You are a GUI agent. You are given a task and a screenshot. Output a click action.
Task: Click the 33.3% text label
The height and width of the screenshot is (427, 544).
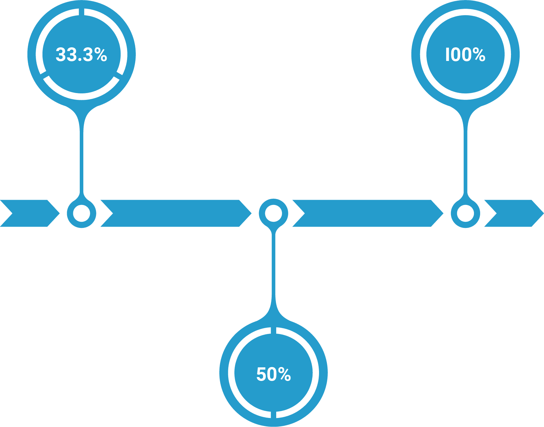click(x=81, y=54)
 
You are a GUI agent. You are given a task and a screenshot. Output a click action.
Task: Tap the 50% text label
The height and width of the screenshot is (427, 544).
click(x=274, y=374)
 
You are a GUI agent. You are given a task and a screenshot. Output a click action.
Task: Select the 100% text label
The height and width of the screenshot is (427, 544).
click(x=465, y=54)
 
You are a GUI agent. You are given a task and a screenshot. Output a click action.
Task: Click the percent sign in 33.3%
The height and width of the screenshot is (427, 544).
click(x=101, y=54)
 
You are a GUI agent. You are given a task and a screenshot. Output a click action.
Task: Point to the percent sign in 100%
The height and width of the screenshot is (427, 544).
click(x=479, y=54)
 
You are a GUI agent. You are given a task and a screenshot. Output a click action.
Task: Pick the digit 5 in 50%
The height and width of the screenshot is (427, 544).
click(x=261, y=374)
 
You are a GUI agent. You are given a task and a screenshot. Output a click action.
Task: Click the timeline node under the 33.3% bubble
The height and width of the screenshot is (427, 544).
click(x=81, y=214)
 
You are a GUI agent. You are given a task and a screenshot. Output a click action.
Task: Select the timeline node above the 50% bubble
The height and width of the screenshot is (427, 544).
click(x=274, y=213)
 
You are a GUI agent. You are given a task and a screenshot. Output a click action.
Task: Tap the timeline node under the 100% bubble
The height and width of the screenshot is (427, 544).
click(x=466, y=214)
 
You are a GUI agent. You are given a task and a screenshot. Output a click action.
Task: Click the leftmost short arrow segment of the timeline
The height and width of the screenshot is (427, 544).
click(x=30, y=213)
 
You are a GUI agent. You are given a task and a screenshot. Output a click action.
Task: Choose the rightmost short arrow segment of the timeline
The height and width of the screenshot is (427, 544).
click(x=514, y=213)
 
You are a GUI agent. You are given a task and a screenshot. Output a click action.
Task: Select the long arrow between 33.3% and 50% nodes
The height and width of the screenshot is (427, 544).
click(x=176, y=213)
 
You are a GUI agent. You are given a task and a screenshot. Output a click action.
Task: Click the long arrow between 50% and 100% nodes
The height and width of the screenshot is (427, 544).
click(x=368, y=213)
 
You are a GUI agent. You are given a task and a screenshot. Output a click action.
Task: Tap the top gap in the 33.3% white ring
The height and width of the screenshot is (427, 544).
click(x=81, y=12)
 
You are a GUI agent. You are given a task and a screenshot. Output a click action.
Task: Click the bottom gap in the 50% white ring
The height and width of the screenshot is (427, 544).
click(x=274, y=415)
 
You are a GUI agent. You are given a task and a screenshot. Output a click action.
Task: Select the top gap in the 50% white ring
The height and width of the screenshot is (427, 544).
click(x=274, y=330)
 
